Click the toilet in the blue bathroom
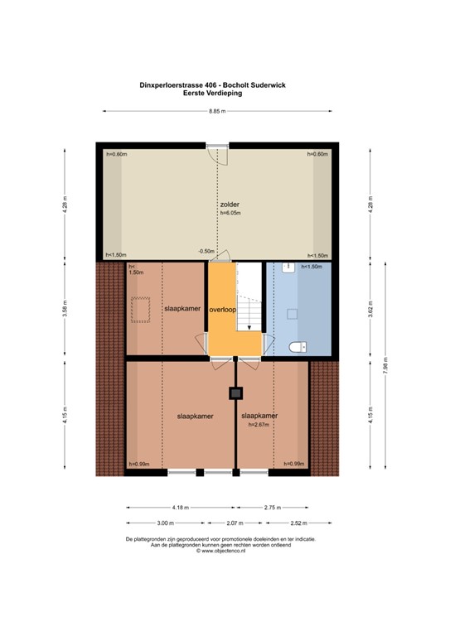click(x=300, y=346)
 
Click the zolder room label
click(x=230, y=204)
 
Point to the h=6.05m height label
click(x=230, y=213)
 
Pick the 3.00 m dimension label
click(x=166, y=523)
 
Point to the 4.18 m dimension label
click(x=180, y=507)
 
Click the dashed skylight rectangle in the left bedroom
click(x=140, y=311)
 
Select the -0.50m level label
click(x=206, y=251)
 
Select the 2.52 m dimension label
click(x=298, y=523)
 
